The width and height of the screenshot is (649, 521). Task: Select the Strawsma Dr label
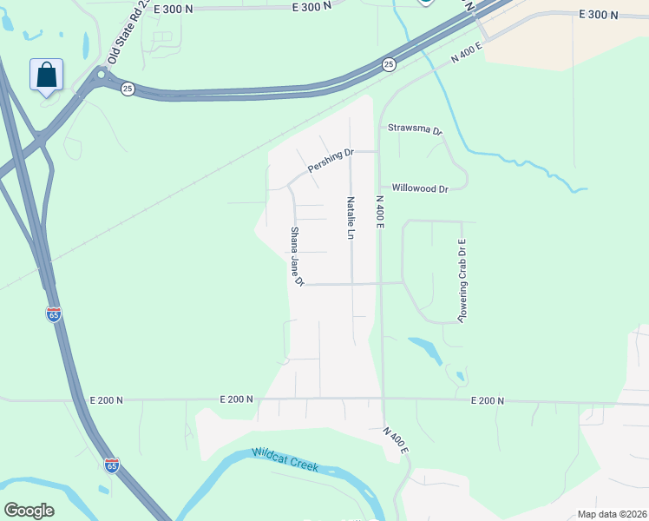(415, 128)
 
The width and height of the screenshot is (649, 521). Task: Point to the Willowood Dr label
(420, 188)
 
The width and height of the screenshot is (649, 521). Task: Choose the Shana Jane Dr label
(296, 257)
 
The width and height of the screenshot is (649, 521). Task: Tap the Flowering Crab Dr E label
(462, 281)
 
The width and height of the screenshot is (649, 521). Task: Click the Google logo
(29, 511)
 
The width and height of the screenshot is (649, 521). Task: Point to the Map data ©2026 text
(611, 514)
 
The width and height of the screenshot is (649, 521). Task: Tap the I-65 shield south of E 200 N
(112, 465)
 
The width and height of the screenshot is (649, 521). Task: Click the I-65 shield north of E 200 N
(54, 314)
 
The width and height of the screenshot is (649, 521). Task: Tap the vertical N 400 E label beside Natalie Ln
(379, 211)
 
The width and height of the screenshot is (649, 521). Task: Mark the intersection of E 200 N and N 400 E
(382, 399)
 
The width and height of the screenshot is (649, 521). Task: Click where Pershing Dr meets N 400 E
(378, 151)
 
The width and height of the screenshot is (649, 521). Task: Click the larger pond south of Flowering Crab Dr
(424, 347)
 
